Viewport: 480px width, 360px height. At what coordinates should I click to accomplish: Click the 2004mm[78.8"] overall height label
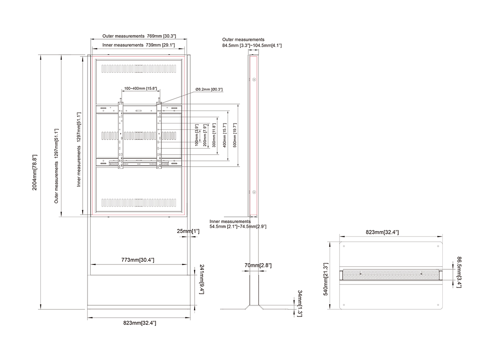pos(35,172)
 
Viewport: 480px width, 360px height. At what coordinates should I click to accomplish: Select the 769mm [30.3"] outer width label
pos(161,36)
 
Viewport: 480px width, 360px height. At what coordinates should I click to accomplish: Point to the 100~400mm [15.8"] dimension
pos(140,88)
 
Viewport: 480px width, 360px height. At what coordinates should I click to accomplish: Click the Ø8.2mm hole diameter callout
pos(209,89)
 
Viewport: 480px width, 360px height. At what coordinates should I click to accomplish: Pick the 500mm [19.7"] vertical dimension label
pos(235,135)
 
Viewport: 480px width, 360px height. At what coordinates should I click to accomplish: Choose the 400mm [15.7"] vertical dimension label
pos(225,135)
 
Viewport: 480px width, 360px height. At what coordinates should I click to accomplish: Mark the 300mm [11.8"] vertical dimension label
pos(214,135)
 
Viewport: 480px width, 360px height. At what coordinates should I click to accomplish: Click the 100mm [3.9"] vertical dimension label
pos(197,135)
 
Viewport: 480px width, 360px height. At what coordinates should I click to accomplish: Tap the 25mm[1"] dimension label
pos(188,231)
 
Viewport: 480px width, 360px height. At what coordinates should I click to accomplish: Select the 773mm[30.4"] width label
pos(138,260)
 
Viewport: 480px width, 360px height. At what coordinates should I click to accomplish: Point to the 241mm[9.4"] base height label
pos(202,279)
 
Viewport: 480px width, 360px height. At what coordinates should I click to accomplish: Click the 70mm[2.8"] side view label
pos(258,265)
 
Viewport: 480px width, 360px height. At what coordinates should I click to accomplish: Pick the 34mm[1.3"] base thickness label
pos(300,304)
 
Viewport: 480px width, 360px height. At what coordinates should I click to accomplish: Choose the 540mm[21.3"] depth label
pos(326,279)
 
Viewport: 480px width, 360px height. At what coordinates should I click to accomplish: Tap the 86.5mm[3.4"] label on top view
pos(459,272)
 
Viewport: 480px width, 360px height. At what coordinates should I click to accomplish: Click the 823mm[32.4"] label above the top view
pos(382,232)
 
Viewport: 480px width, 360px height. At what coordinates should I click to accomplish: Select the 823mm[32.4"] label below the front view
pos(140,323)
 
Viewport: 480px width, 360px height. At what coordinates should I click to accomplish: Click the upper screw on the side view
pos(254,80)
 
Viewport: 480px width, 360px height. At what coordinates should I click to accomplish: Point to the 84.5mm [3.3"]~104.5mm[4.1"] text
pos(252,46)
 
